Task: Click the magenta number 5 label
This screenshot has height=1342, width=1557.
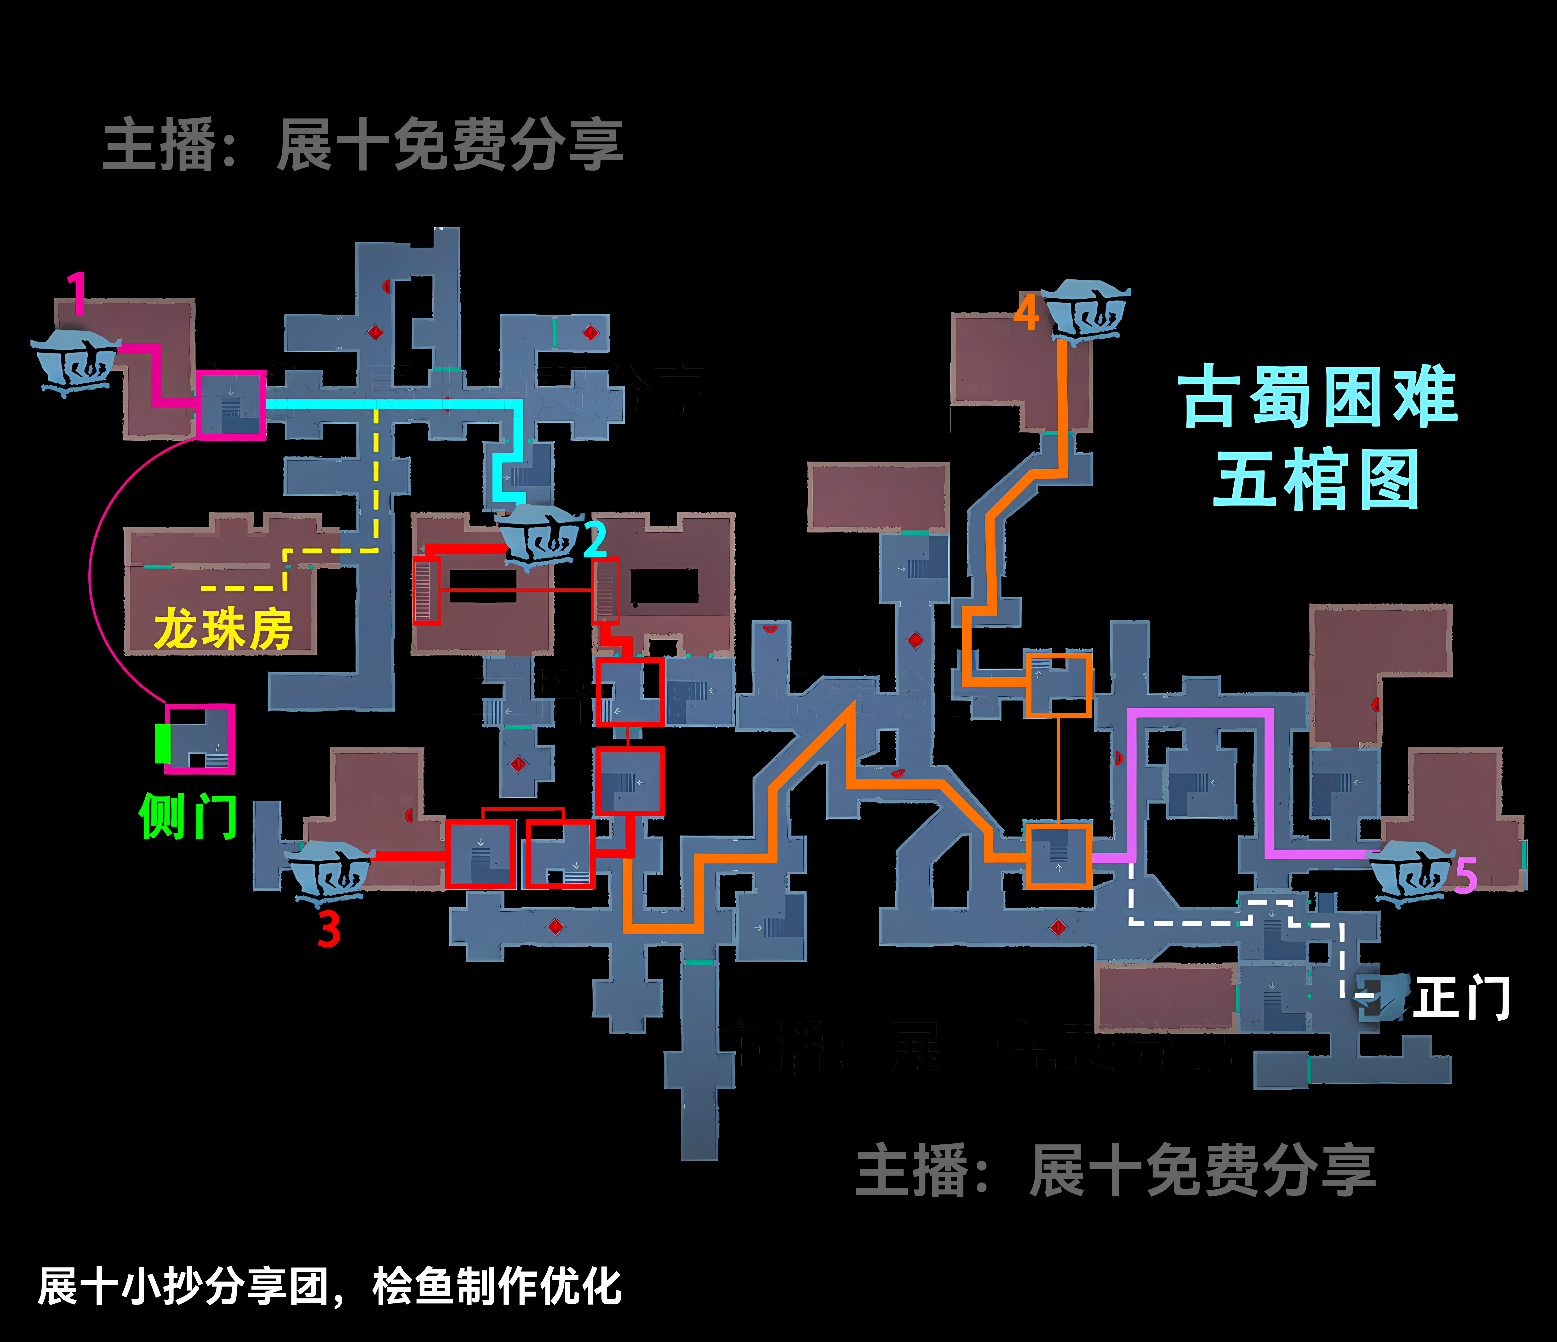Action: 1465,875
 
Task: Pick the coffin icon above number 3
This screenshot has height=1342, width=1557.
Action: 331,872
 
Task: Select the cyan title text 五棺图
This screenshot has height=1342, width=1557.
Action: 1317,479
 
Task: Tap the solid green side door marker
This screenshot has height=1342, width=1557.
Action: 161,743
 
